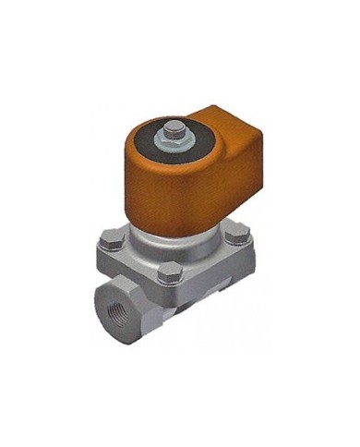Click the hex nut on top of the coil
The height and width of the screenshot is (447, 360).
point(172,138)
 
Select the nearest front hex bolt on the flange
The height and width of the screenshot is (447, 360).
point(168,272)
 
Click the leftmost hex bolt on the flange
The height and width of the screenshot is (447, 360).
point(110,241)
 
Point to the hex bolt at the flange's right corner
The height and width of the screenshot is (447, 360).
point(237,232)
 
